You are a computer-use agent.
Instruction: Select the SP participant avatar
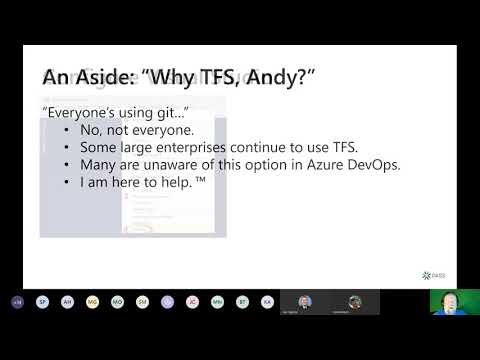coord(42,301)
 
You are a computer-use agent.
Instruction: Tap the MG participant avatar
coord(92,301)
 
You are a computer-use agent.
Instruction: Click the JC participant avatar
coord(192,301)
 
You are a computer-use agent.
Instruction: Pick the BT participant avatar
coord(242,301)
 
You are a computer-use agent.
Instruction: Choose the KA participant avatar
coord(267,301)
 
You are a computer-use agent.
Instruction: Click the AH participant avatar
coord(67,301)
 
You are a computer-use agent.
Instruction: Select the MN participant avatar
coord(217,301)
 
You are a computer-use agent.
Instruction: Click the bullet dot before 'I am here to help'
coord(67,182)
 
